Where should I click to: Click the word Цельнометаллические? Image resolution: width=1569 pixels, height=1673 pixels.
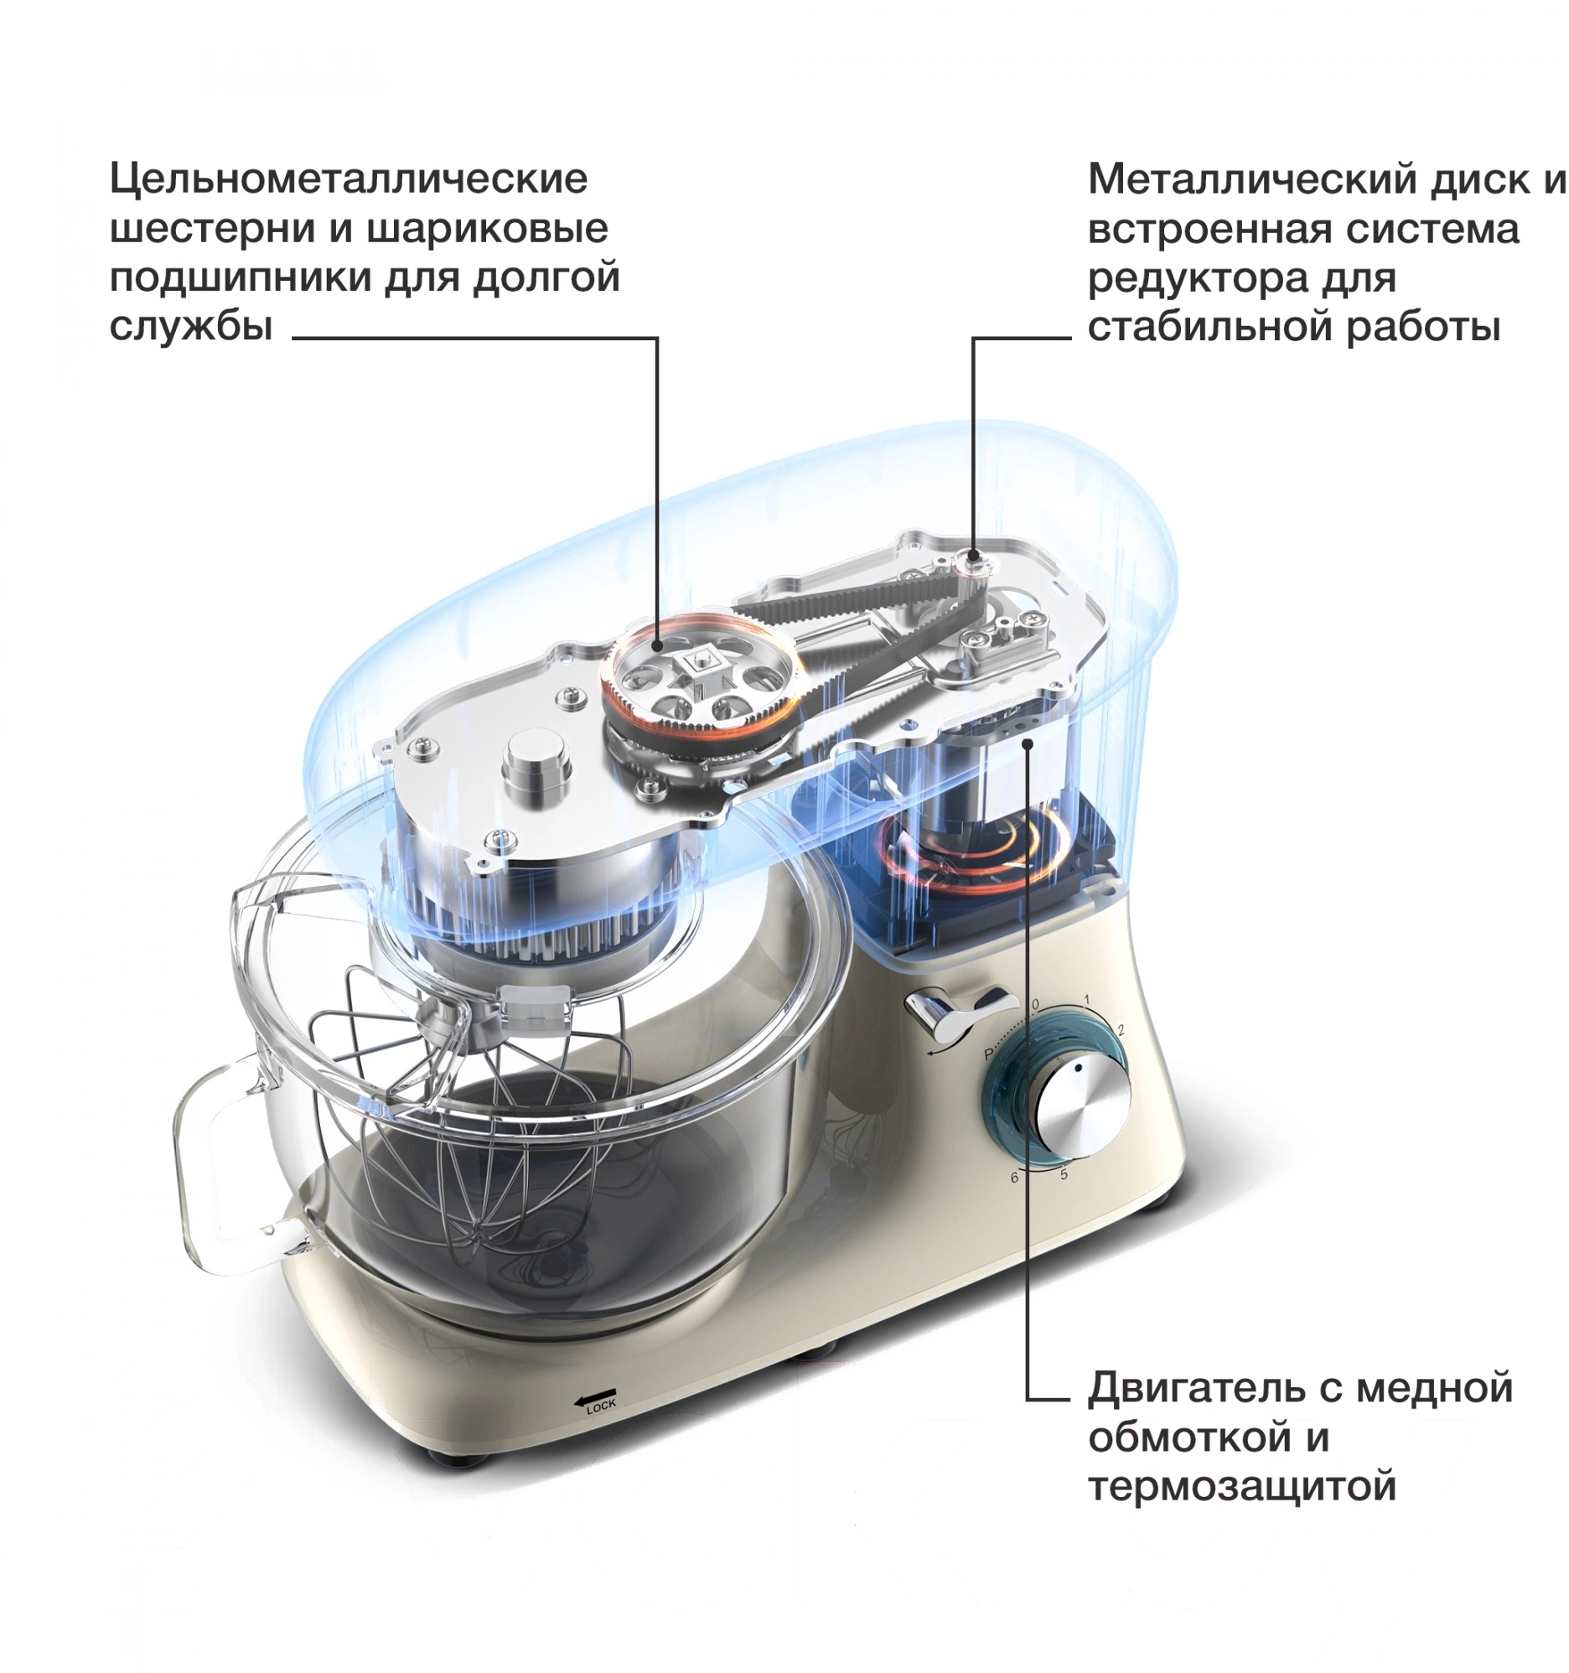[349, 179]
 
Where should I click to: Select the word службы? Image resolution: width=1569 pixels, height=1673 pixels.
[191, 327]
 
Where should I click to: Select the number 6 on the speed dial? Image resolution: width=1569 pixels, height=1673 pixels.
[1014, 1178]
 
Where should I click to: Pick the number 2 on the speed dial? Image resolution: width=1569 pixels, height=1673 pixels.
[1121, 1030]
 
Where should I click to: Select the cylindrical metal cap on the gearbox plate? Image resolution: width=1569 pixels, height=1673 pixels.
[536, 772]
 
